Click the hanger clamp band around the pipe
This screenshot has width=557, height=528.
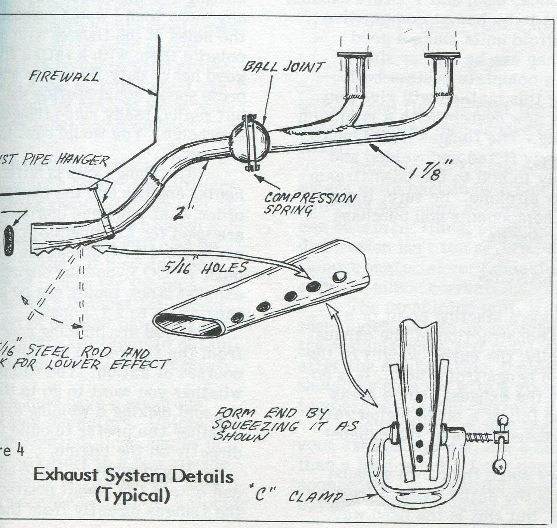(x=107, y=226)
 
